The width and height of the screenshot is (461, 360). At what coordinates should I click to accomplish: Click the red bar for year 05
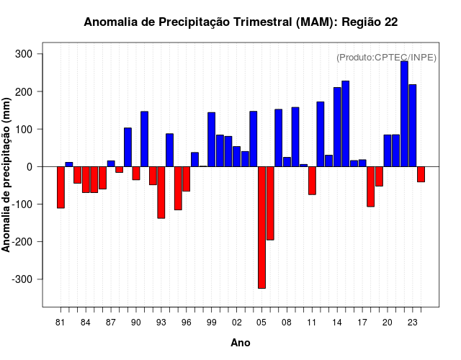[x=261, y=227]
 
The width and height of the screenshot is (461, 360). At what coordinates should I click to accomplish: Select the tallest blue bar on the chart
[x=404, y=114]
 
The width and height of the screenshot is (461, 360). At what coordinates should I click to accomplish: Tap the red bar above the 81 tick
[x=61, y=187]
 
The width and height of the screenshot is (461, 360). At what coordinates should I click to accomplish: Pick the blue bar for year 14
[x=337, y=127]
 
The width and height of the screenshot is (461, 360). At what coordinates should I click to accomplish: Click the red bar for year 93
[x=161, y=192]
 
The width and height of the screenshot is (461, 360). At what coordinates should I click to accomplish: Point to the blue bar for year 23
[x=413, y=125]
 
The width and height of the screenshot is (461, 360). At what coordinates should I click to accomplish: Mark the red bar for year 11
[x=312, y=181]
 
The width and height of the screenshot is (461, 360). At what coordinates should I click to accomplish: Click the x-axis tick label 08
[x=287, y=323]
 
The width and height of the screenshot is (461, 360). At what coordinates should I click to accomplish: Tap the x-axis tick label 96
[x=187, y=323]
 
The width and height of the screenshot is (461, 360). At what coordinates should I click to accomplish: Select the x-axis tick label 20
[x=388, y=323]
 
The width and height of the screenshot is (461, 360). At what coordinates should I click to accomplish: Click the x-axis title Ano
[x=241, y=343]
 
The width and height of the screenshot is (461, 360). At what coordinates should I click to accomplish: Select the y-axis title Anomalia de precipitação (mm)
[x=7, y=176]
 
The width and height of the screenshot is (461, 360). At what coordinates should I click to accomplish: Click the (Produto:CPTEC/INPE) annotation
[x=386, y=58]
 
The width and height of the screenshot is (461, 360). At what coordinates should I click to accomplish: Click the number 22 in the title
[x=390, y=22]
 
